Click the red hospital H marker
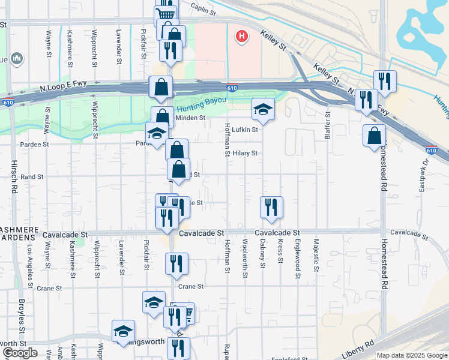click(241, 37)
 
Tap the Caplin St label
click(203, 7)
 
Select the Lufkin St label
click(246, 129)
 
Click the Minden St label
click(193, 118)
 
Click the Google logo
click(20, 353)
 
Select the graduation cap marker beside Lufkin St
click(262, 110)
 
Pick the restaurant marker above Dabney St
click(271, 208)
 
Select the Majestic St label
click(315, 255)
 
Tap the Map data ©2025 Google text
click(411, 355)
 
